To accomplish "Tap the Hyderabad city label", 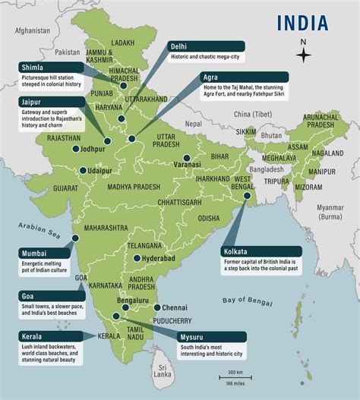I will [159, 259].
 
